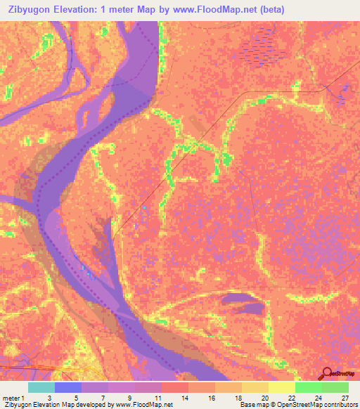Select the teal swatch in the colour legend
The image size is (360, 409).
coord(41,387)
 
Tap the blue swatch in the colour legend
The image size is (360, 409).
coord(68,387)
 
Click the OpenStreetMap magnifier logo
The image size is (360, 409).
coord(326,373)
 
